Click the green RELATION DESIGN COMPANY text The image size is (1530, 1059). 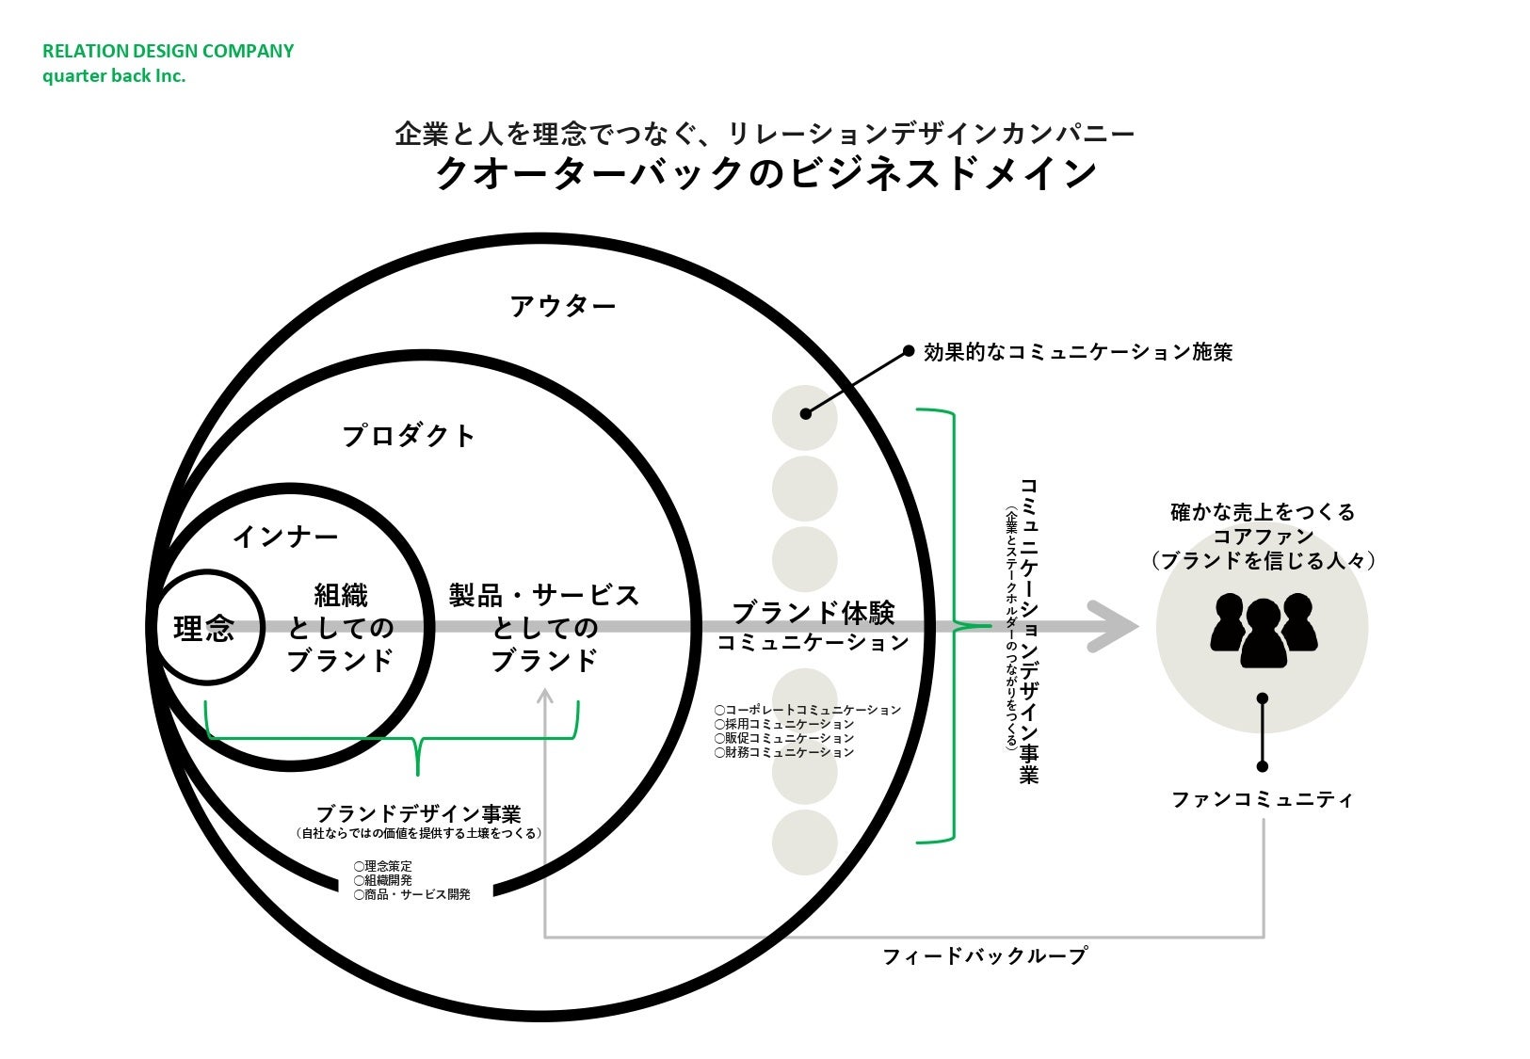pyautogui.click(x=168, y=51)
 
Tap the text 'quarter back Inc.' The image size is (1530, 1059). pyautogui.click(x=113, y=76)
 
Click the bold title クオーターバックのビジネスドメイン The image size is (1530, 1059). pyautogui.click(x=765, y=174)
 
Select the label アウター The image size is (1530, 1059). pyautogui.click(x=562, y=306)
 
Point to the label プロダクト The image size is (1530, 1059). pyautogui.click(x=408, y=436)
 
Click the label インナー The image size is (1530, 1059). pyautogui.click(x=284, y=537)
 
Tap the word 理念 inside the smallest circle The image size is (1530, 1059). pyautogui.click(x=203, y=628)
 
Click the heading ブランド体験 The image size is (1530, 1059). pyautogui.click(x=813, y=613)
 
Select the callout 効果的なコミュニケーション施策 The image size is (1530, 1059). pyautogui.click(x=1077, y=352)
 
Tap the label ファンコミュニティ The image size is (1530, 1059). pyautogui.click(x=1262, y=800)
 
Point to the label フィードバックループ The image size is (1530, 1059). pyautogui.click(x=984, y=956)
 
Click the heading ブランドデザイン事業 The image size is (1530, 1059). pyautogui.click(x=418, y=813)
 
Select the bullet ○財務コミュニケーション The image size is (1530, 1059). pyautogui.click(x=783, y=752)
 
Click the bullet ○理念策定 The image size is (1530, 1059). pyautogui.click(x=383, y=866)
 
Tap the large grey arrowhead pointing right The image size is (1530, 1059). pyautogui.click(x=1112, y=626)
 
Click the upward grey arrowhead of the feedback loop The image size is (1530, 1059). pyautogui.click(x=544, y=698)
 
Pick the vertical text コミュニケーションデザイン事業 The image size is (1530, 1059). pyautogui.click(x=1028, y=631)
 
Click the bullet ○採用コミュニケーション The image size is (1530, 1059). pyautogui.click(x=783, y=724)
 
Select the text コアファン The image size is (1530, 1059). pyautogui.click(x=1262, y=537)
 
